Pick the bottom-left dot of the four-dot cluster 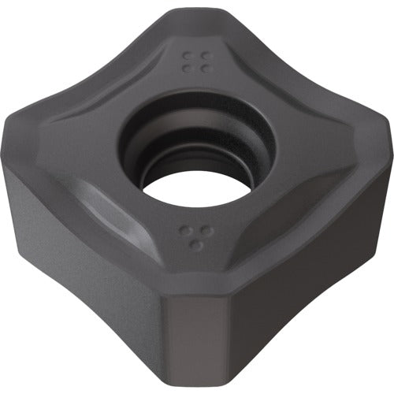point(187,68)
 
